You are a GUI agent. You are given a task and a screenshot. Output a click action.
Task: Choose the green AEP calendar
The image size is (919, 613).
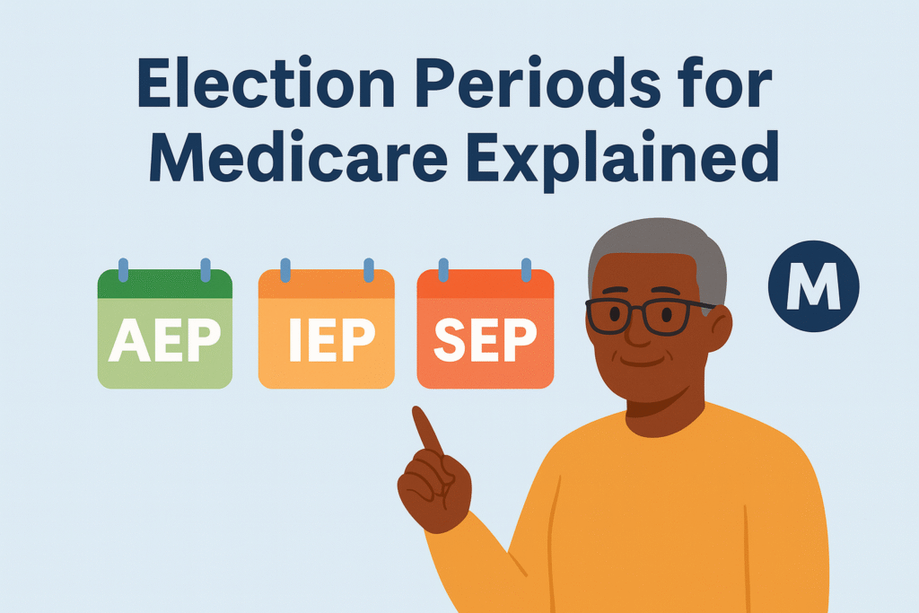(x=164, y=329)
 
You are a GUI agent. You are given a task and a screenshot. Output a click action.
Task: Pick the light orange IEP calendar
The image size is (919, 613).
(x=326, y=329)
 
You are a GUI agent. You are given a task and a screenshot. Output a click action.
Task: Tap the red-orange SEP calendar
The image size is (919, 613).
(x=486, y=329)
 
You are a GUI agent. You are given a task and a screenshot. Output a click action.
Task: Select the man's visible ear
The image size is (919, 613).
(x=718, y=328)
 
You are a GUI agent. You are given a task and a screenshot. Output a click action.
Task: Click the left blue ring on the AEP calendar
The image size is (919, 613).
(x=124, y=268)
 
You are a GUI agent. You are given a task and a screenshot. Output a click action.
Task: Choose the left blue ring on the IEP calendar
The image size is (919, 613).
(x=285, y=268)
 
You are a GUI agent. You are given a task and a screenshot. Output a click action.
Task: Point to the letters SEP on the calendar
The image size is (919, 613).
(x=486, y=339)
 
